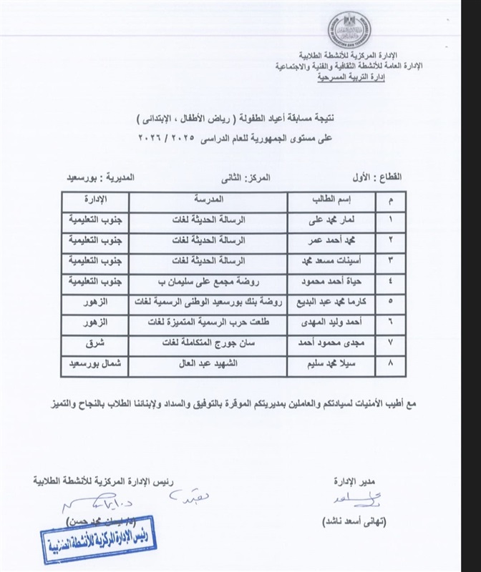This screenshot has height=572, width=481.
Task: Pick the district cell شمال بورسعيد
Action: tap(94, 363)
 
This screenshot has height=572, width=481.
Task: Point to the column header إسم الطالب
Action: tap(331, 197)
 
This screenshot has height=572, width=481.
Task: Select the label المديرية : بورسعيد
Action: tap(103, 174)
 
